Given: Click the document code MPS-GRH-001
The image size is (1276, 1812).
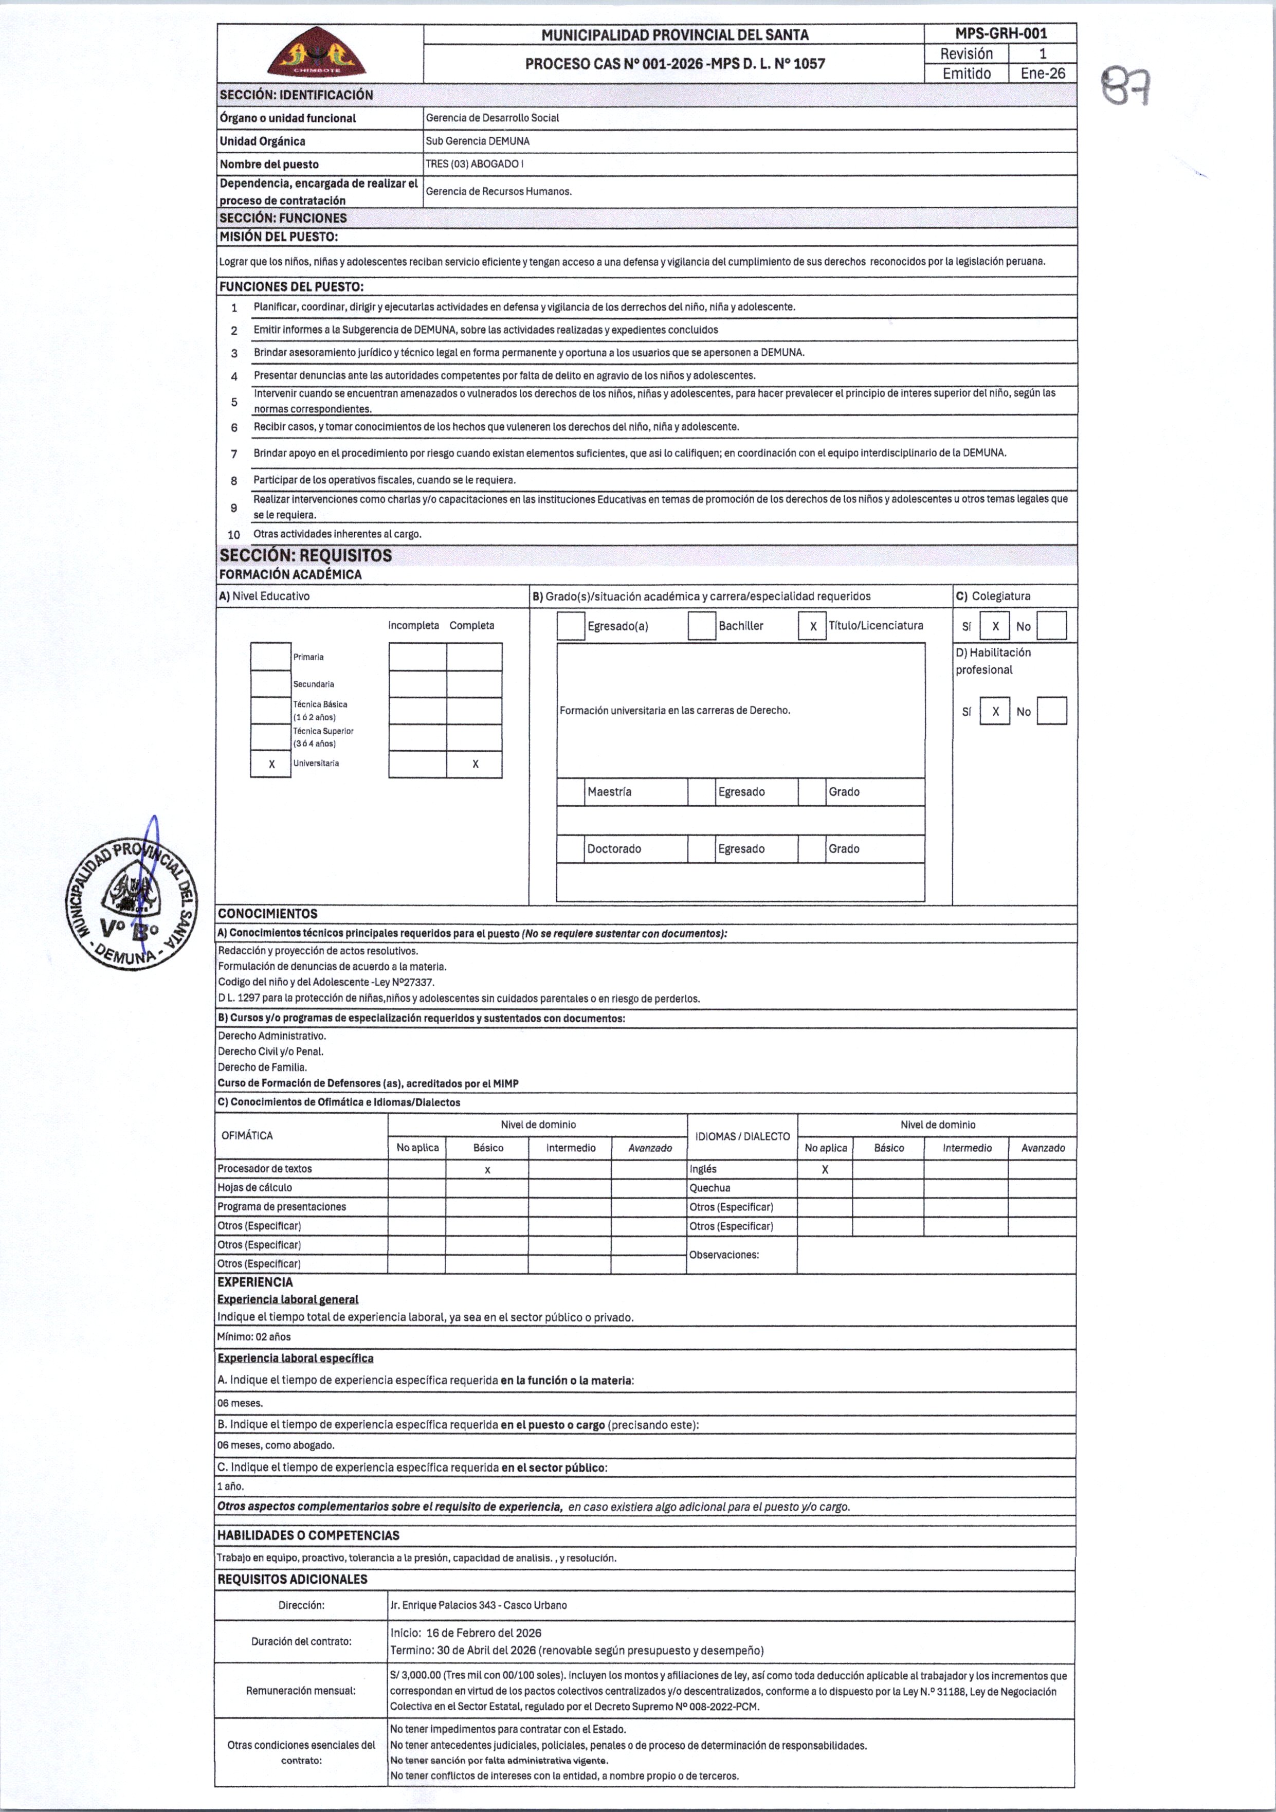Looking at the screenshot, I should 1000,33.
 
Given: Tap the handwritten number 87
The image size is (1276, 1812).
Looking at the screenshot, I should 1127,87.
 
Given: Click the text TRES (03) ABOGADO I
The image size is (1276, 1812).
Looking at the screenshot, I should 474,164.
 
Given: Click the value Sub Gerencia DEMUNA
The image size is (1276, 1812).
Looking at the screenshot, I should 478,141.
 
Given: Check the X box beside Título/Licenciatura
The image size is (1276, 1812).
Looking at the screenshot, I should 812,626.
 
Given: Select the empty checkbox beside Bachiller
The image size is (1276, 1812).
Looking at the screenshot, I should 702,626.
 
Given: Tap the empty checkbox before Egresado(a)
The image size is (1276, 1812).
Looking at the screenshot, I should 571,626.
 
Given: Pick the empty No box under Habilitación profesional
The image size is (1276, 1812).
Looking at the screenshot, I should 1051,711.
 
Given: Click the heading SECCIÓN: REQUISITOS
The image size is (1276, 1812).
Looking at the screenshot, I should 305,556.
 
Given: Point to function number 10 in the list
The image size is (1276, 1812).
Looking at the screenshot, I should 233,534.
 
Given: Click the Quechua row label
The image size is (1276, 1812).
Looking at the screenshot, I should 710,1188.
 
